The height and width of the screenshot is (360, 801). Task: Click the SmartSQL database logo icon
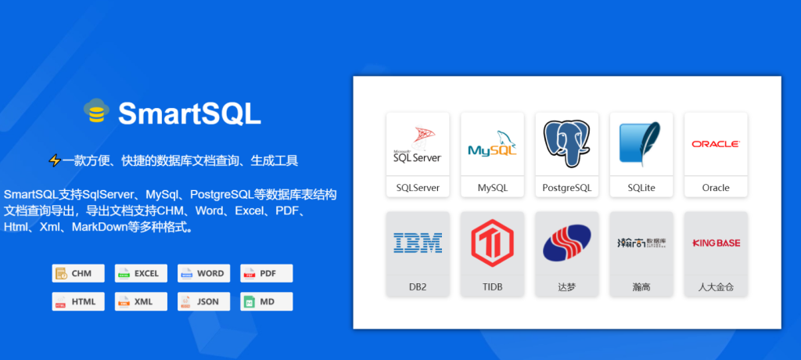97,112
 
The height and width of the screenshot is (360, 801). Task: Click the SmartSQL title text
189,113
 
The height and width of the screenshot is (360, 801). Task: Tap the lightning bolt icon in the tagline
55,160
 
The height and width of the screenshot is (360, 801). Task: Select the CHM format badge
74,273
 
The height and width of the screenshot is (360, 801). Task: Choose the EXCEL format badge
138,273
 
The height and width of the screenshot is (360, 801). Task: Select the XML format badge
138,301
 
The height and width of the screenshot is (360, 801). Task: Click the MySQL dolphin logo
492,144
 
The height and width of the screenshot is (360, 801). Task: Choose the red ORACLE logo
715,144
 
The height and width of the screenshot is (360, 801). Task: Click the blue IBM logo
418,243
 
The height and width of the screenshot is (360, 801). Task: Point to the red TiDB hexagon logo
492,243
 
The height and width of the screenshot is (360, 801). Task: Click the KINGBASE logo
715,243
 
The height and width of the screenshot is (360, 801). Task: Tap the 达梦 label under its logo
566,287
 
